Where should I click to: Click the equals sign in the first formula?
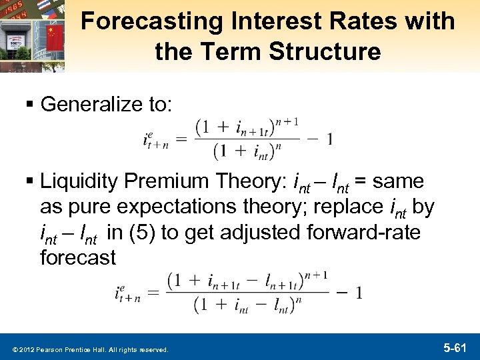coord(180,140)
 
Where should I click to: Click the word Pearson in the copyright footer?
coord(53,349)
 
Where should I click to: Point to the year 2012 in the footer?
coord(27,349)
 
